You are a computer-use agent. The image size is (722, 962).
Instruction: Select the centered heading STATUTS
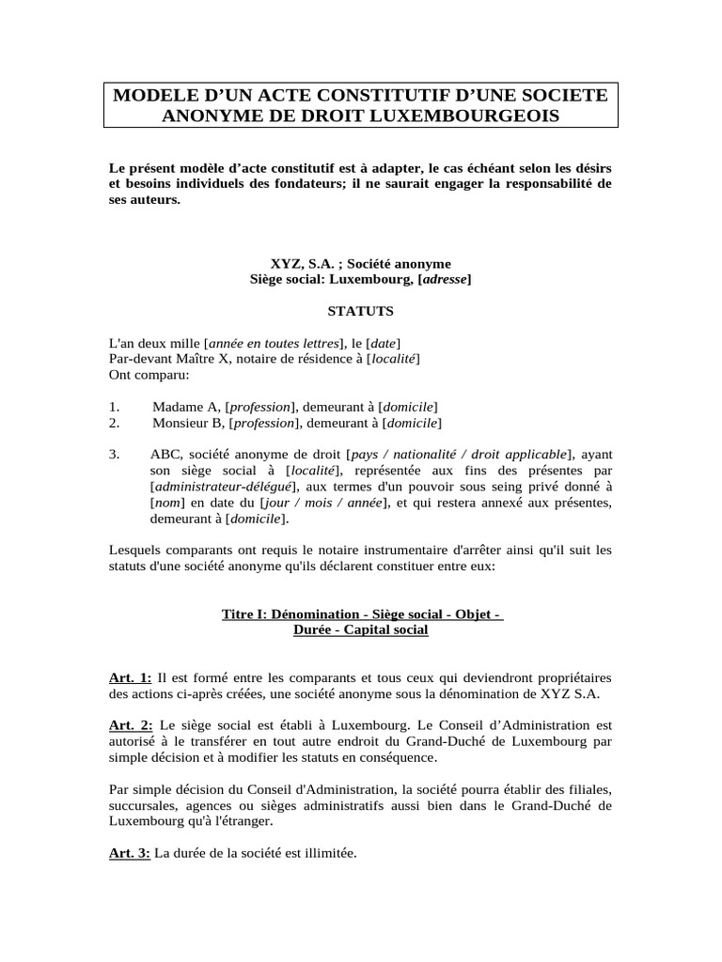tap(361, 310)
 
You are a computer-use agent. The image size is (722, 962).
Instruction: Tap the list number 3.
tap(114, 454)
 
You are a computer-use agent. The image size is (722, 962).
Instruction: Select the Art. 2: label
tap(131, 724)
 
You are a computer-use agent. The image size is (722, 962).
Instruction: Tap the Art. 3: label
tap(131, 854)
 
